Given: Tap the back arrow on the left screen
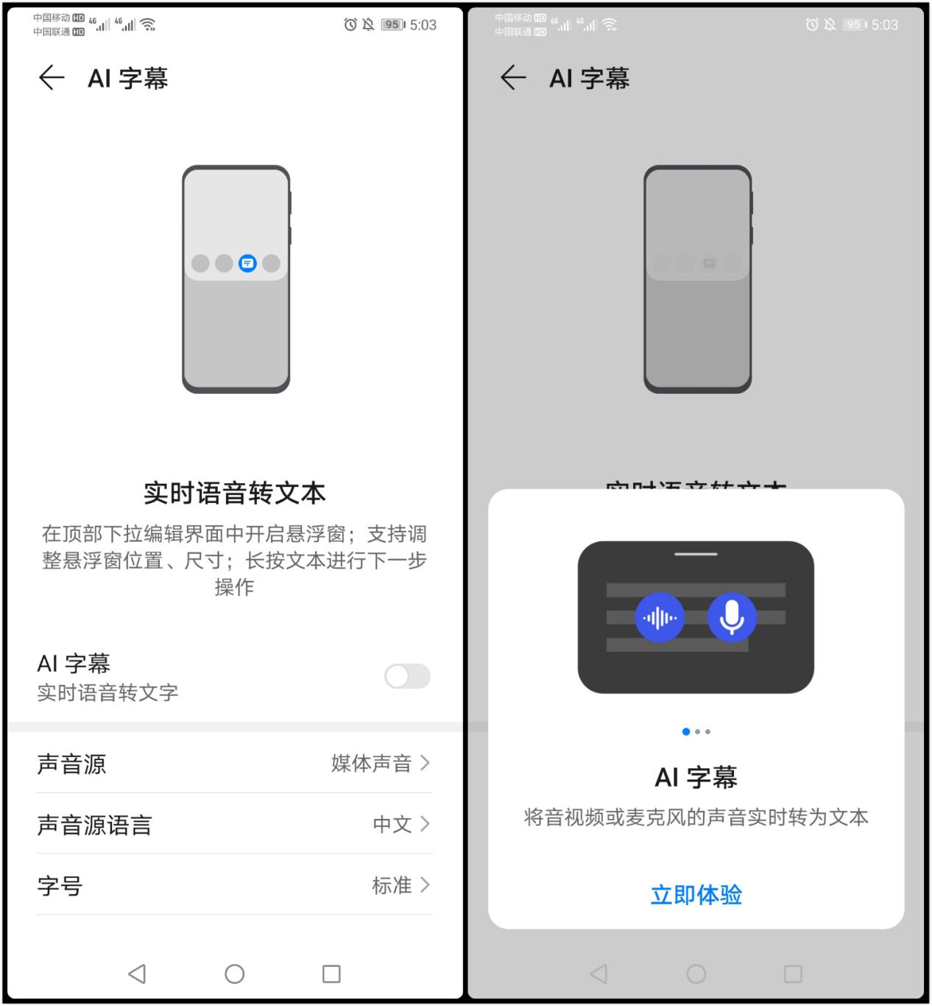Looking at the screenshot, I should [x=51, y=77].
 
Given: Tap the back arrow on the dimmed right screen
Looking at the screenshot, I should [x=512, y=77].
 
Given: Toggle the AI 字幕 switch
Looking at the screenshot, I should [x=407, y=676].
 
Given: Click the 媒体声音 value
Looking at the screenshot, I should [x=371, y=764].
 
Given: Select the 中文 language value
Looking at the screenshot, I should [x=392, y=824].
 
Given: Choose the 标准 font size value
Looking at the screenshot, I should [x=392, y=885].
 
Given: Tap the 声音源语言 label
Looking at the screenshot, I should [x=94, y=825].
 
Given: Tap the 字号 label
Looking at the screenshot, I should [x=60, y=885].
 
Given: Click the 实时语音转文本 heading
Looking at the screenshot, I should [x=234, y=493].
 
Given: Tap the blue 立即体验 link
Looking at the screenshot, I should [x=696, y=895].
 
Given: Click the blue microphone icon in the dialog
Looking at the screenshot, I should [x=732, y=617].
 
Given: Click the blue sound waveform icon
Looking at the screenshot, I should [x=660, y=617].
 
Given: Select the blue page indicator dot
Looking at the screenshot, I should [x=686, y=731].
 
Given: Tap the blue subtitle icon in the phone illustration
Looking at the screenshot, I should [x=247, y=263].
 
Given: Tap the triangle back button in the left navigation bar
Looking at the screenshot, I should [x=137, y=974].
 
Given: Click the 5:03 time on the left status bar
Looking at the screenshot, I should [x=423, y=25].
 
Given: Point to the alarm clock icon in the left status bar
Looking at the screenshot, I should [x=350, y=25].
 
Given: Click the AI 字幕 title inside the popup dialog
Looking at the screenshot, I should [x=696, y=777].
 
